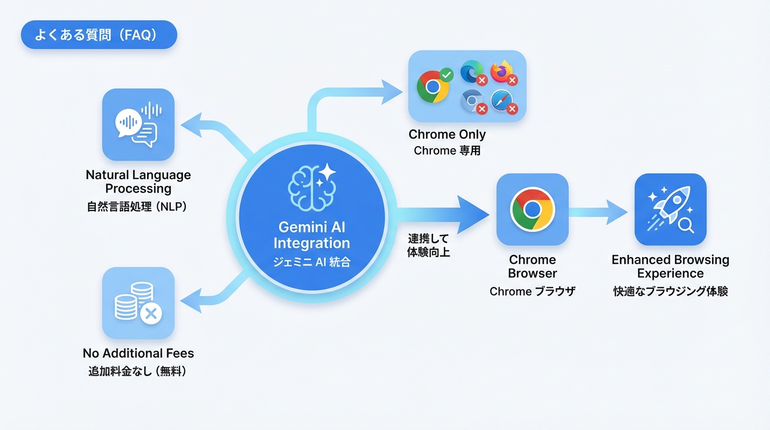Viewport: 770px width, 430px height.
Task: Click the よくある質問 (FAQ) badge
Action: pos(98,35)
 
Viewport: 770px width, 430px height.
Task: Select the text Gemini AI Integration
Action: pos(312,235)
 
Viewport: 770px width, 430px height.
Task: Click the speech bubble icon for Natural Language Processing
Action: pos(138,124)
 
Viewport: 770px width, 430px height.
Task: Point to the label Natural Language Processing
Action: pos(138,181)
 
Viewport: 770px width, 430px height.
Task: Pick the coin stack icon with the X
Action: pos(138,303)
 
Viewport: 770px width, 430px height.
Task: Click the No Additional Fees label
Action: pos(138,353)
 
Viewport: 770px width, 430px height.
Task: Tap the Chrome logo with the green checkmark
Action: pos(433,86)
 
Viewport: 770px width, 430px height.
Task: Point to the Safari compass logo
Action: pos(501,101)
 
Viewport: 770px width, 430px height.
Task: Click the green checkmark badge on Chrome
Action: pos(446,74)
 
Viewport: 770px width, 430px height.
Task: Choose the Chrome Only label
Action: pos(447,134)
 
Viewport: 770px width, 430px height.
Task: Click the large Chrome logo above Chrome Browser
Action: pos(532,209)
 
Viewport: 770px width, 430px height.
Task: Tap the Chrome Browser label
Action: pos(532,267)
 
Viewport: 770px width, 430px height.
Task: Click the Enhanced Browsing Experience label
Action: pos(670,267)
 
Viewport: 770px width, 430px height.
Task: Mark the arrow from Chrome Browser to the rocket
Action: pos(599,212)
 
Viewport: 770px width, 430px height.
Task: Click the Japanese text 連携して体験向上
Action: pos(428,245)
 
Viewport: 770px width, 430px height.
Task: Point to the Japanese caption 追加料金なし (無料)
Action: pos(137,371)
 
